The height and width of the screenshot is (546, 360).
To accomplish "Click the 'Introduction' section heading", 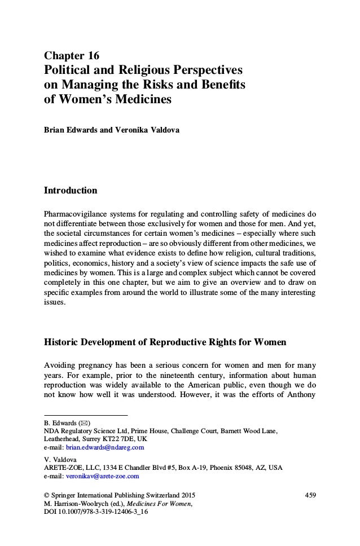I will [x=71, y=191].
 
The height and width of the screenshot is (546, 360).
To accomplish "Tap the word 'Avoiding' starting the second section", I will [x=61, y=365].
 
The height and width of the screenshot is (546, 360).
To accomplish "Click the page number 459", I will [x=309, y=495].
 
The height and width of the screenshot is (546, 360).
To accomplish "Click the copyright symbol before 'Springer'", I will [x=47, y=495].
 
